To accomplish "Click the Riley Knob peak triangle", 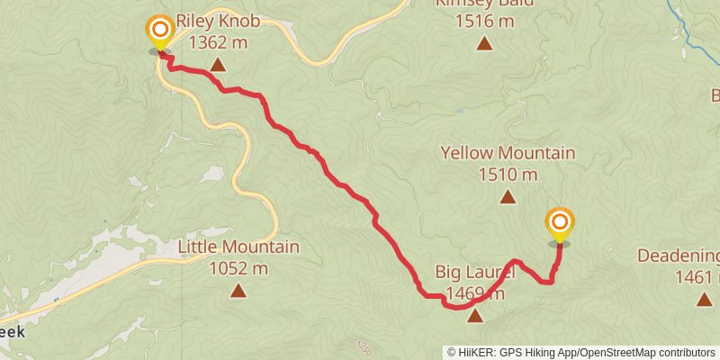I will [218, 64].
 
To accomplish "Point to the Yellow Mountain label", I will [508, 153].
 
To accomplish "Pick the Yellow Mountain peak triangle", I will [508, 196].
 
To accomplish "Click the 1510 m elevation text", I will [508, 175].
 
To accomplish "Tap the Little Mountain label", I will [238, 247].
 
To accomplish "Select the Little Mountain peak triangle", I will [238, 290].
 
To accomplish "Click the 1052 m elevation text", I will [238, 268].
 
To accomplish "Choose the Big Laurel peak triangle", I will [474, 316].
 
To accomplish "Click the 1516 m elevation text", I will [484, 21].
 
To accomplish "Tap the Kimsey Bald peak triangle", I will [484, 43].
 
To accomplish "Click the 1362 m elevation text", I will [217, 41].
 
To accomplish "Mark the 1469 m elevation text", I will [474, 293].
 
